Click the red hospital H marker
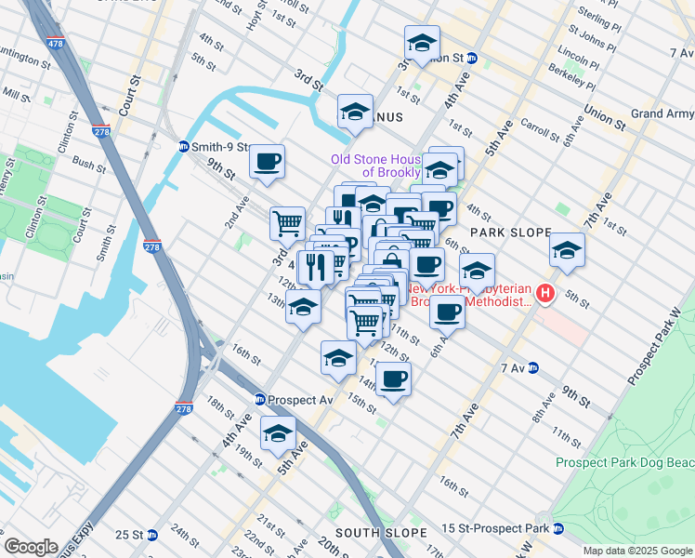point(545,295)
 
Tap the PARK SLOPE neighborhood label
point(510,232)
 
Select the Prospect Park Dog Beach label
point(624,462)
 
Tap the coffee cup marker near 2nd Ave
point(267,161)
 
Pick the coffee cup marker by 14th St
point(393,379)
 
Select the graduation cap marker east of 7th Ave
point(567,249)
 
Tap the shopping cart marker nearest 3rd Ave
point(287,222)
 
